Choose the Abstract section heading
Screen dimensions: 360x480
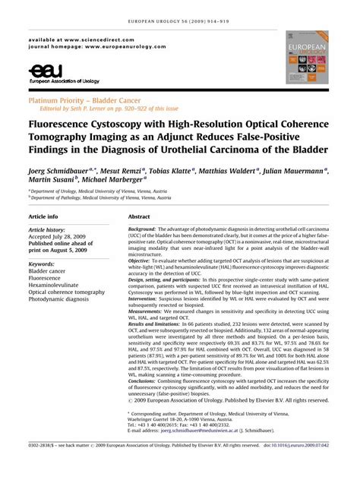(x=144, y=216)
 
